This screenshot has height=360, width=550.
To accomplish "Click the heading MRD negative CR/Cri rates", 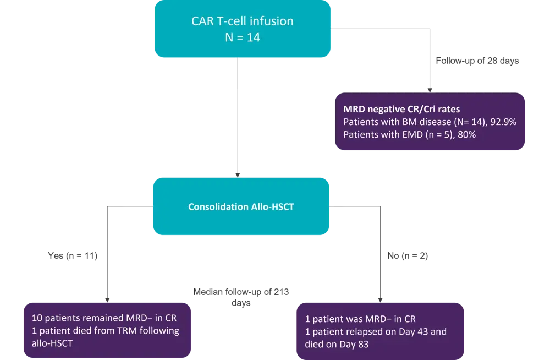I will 402,110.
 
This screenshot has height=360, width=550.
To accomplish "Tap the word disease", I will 434,122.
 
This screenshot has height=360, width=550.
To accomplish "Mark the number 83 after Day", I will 362,344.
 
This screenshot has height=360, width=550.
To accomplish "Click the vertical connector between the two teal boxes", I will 238,132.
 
